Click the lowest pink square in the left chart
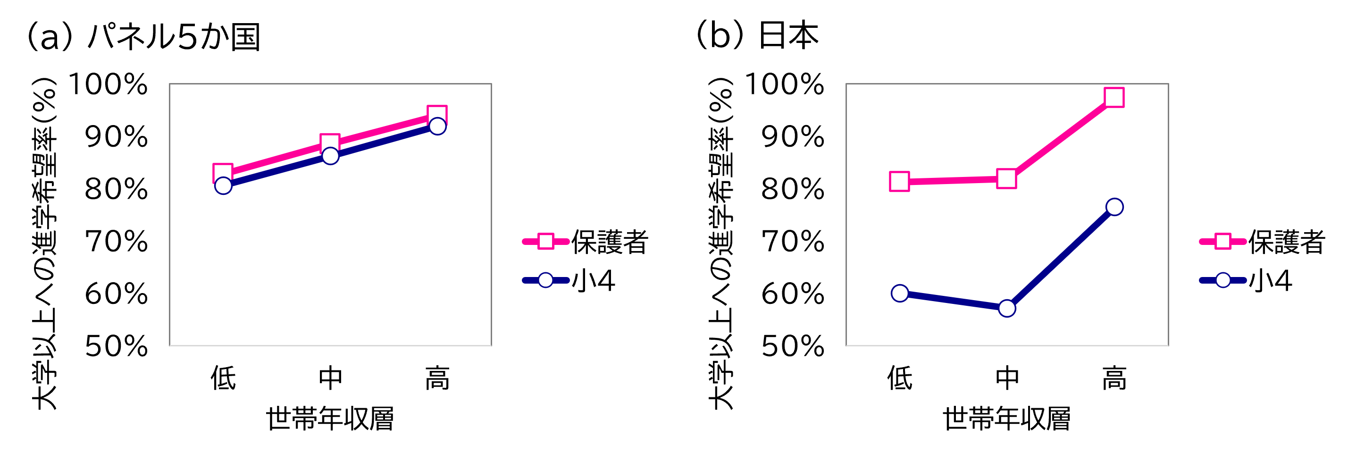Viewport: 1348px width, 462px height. pos(222,173)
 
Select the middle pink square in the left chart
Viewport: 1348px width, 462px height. pos(330,143)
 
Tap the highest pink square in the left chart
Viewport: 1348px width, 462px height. pos(437,115)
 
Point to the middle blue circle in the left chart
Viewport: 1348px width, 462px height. pos(330,155)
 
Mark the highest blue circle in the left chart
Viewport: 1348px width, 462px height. pos(437,126)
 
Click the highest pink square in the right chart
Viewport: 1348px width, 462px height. pos(1114,97)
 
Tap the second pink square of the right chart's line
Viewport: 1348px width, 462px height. pos(1007,178)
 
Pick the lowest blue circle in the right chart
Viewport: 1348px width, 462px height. pos(1007,308)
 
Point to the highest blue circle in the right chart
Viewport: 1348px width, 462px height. pos(1114,207)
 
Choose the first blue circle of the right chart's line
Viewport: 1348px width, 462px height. pos(900,293)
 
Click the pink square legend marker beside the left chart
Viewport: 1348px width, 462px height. pos(546,241)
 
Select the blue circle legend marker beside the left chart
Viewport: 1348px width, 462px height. pos(546,280)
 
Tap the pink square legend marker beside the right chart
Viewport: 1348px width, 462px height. pos(1223,241)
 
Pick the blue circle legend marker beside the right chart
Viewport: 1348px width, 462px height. pos(1223,280)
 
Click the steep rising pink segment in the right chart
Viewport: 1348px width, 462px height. pos(1061,138)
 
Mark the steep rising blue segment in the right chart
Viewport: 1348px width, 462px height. pos(1061,257)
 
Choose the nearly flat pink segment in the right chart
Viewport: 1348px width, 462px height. pos(953,180)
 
